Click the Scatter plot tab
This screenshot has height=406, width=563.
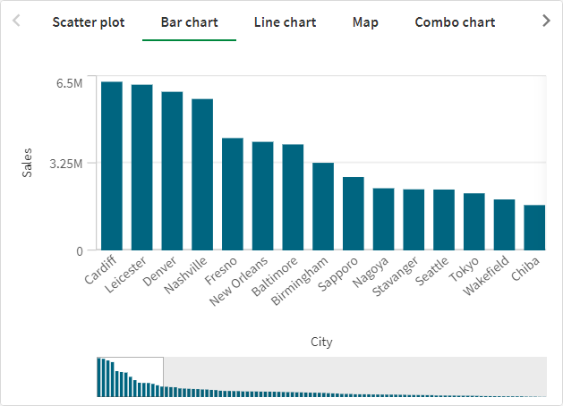pos(88,21)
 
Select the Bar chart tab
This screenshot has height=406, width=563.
pos(189,21)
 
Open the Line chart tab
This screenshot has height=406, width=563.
pos(285,21)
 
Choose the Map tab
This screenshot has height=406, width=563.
pos(365,21)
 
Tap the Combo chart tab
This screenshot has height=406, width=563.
pos(455,21)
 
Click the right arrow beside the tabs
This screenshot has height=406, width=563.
pos(547,21)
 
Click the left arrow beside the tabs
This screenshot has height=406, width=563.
pos(16,21)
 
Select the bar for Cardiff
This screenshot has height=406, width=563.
pos(112,165)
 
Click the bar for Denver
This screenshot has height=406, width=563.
pos(172,171)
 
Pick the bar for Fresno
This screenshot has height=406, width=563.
pos(233,194)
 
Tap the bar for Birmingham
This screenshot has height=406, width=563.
pos(323,207)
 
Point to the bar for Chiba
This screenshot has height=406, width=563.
pos(534,227)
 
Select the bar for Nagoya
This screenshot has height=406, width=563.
pos(383,219)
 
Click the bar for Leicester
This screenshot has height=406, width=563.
pos(142,167)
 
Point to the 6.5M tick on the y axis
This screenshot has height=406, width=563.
pos(70,83)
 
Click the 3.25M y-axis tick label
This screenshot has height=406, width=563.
pos(65,164)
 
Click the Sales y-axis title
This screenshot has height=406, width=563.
pos(28,163)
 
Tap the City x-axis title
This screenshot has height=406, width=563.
pos(321,342)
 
